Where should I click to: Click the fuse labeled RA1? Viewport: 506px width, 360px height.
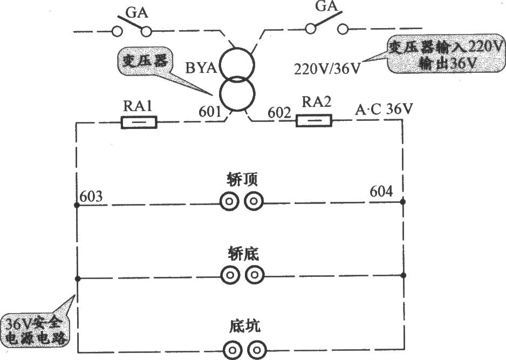tap(139, 123)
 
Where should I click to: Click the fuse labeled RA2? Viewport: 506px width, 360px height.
tap(314, 120)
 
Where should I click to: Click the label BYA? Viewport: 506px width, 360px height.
tap(201, 68)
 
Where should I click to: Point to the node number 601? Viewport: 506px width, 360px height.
tap(210, 112)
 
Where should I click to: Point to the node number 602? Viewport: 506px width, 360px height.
tap(279, 113)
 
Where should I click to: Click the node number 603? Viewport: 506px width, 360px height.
tap(91, 196)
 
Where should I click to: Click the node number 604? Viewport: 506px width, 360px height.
tap(381, 192)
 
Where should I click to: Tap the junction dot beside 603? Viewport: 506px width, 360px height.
tap(77, 205)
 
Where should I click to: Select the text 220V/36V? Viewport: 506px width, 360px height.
tap(327, 69)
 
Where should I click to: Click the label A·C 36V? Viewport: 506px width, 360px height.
tap(384, 110)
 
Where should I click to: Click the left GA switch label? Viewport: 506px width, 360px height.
tap(136, 13)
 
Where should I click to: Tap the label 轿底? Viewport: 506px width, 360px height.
tap(243, 254)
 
